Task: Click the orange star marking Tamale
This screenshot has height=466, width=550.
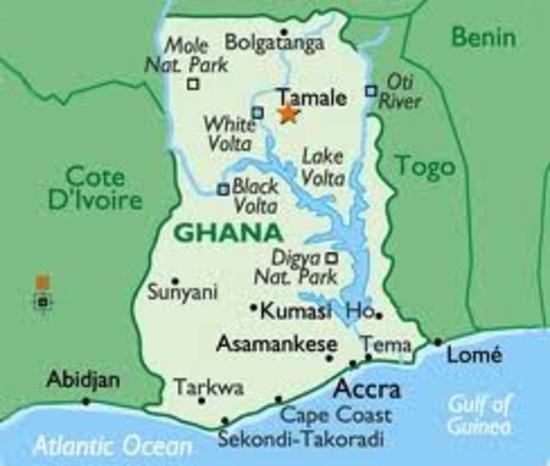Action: point(289,114)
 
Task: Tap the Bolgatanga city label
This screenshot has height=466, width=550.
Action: point(273,42)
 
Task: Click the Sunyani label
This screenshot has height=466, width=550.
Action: point(182,290)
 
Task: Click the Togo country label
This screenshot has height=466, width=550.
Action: point(425,167)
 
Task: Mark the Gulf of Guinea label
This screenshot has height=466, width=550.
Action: point(480,415)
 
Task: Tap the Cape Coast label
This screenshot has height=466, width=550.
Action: point(336,416)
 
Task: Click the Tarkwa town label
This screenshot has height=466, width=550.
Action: point(209,388)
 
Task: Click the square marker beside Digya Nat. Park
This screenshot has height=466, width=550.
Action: point(330,258)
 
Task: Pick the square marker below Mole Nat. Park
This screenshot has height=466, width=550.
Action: point(192,83)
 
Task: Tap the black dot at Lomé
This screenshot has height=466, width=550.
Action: point(438,342)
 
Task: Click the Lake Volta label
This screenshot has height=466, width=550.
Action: point(323,166)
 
